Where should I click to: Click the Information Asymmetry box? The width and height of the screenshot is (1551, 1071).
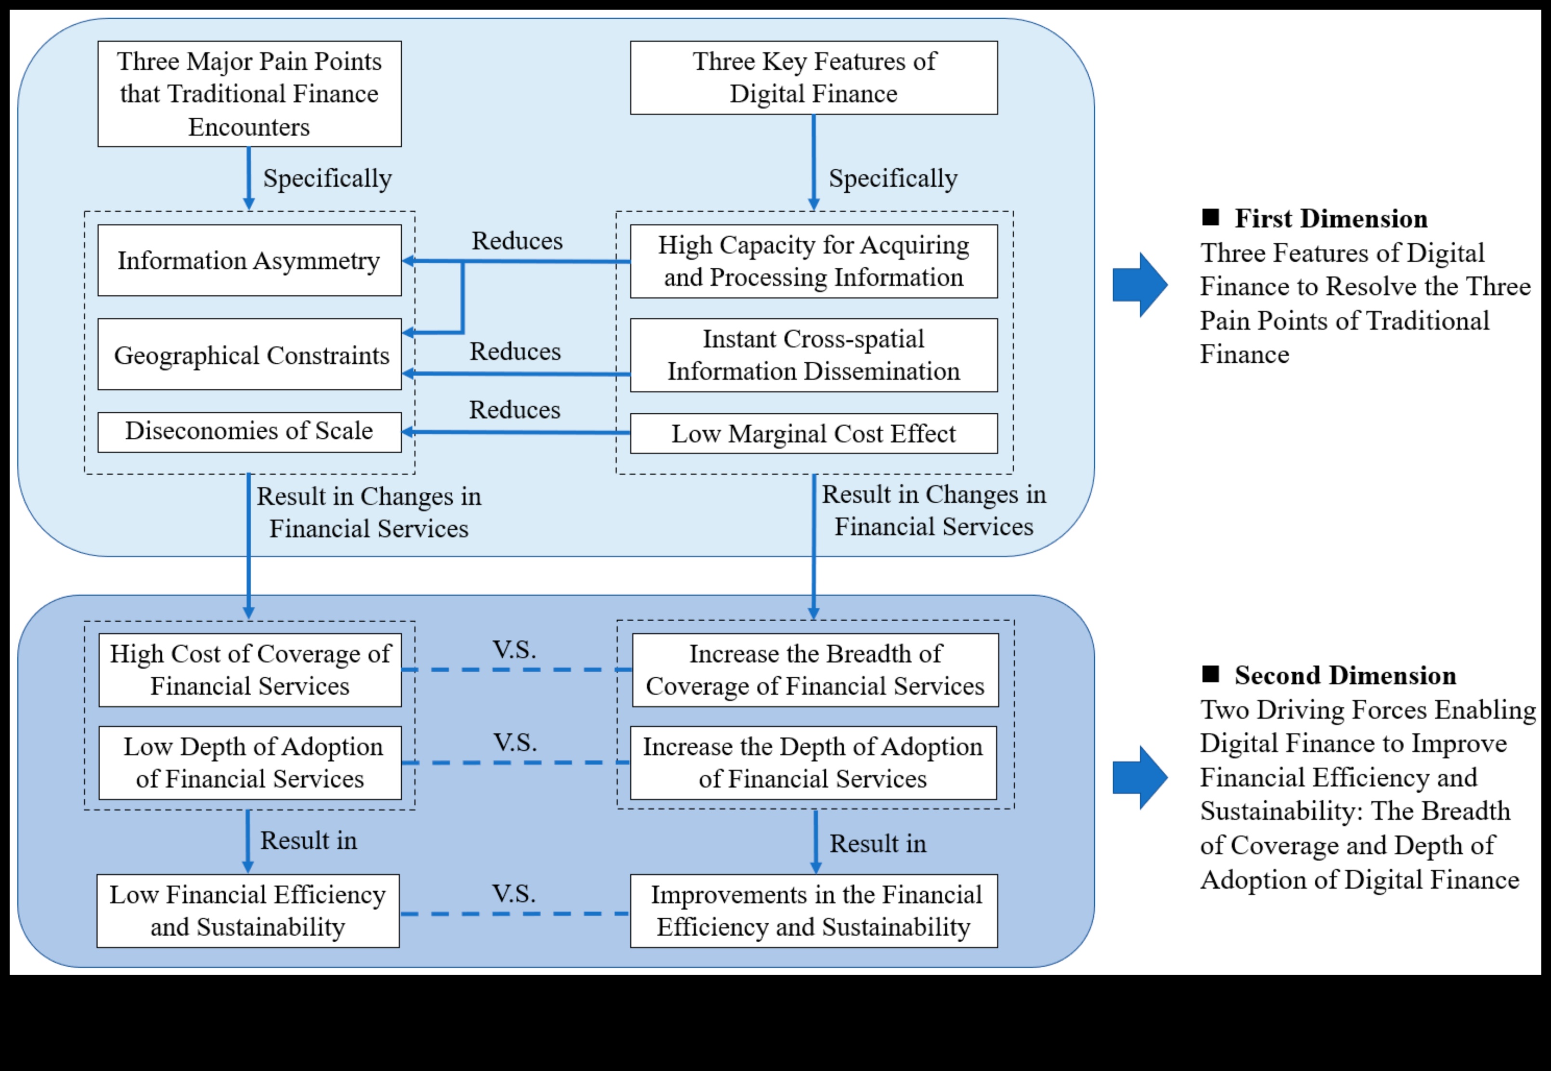pos(249,261)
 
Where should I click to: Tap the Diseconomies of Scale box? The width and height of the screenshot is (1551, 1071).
pos(249,431)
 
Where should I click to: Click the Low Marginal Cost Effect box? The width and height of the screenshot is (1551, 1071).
pos(813,433)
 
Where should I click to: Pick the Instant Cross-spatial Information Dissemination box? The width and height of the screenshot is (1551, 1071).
pos(813,355)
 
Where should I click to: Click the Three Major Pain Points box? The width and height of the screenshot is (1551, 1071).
pos(249,94)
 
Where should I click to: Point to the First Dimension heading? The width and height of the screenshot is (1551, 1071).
pos(1331,219)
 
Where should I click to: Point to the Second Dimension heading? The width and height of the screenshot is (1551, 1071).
pos(1344,676)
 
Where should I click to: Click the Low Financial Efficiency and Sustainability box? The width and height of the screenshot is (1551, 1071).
pos(247,911)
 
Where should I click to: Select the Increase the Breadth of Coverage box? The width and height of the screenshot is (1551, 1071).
pos(814,670)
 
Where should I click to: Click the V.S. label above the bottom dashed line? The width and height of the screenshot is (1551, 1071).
pos(514,893)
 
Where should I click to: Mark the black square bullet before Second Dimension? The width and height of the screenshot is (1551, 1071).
pos(1210,674)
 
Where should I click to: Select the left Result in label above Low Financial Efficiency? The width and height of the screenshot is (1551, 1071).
pos(309,840)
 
